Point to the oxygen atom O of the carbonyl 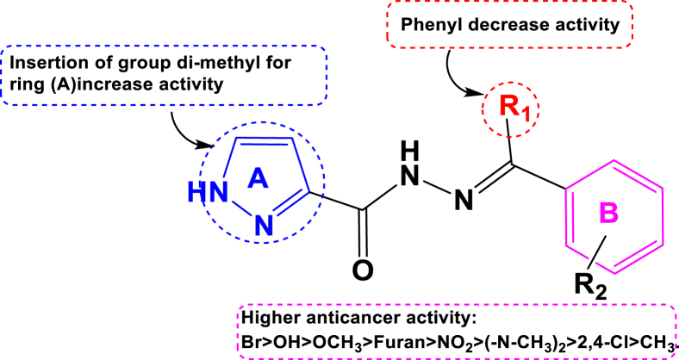point(364,270)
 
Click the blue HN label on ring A point(220,194)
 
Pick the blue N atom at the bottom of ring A point(265,227)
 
